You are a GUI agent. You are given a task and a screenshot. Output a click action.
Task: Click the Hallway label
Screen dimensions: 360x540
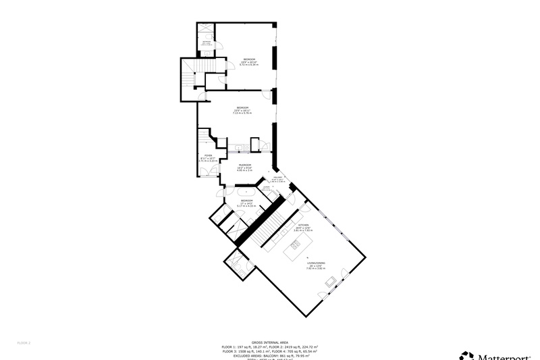coord(277,180)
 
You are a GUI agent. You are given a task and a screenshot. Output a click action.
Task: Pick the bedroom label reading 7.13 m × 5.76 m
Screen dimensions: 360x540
coord(242,111)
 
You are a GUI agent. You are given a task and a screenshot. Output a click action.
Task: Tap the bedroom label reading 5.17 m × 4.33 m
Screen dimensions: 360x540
coord(247,203)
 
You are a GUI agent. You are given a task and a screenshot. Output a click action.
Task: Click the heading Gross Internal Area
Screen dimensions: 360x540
coord(270,342)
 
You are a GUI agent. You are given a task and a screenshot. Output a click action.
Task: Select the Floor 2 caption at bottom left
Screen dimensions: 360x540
coord(24,342)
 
